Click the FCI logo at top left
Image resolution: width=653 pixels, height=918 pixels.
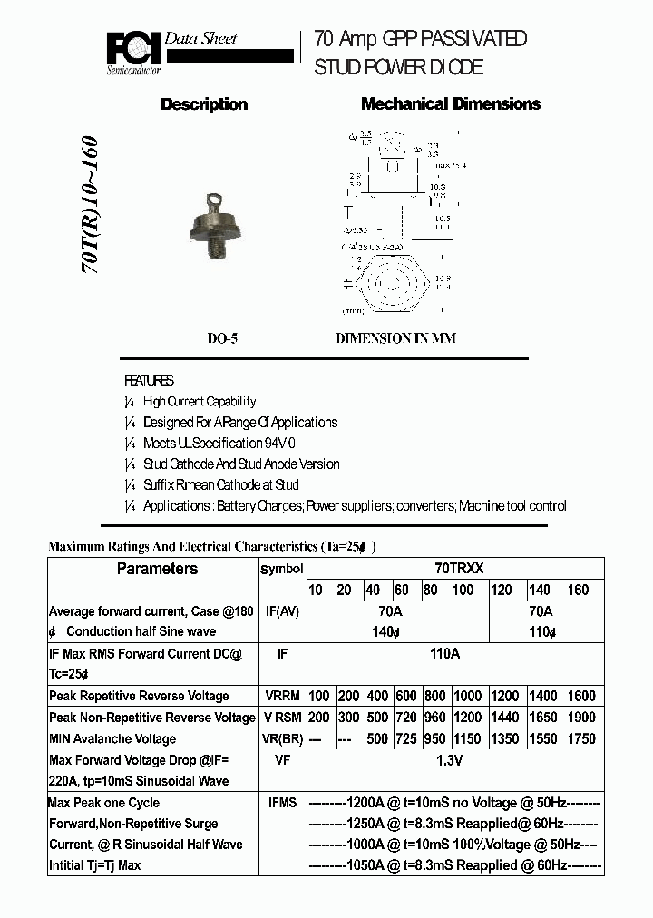tap(133, 52)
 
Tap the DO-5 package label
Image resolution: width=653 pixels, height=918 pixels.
tap(222, 338)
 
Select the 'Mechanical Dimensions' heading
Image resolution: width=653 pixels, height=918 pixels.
tap(451, 104)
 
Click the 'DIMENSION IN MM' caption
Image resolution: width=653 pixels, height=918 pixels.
tap(396, 338)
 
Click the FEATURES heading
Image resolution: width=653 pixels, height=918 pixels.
tap(149, 381)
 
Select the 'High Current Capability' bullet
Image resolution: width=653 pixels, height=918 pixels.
tap(200, 402)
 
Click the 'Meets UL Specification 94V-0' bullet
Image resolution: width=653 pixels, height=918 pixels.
tap(219, 444)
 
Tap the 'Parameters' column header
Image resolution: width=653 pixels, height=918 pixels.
tap(157, 569)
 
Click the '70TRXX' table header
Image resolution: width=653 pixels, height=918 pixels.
tap(459, 569)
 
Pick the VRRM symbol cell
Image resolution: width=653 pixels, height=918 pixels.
tap(284, 696)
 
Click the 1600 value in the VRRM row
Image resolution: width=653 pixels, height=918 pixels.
tap(581, 696)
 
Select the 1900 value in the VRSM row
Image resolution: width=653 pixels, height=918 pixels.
tap(581, 718)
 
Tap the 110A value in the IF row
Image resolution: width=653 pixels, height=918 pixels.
tap(444, 653)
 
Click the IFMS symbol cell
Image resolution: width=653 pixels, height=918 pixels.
tap(282, 803)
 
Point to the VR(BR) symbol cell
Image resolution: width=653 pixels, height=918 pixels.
tap(284, 738)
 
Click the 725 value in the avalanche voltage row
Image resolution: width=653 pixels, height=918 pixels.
tap(405, 738)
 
